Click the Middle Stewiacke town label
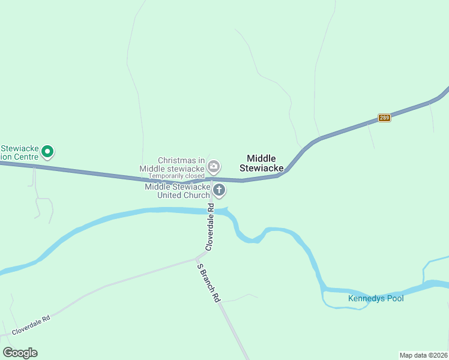coord(261,163)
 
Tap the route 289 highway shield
coord(385,118)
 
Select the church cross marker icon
coord(219,191)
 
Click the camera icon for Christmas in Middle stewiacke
coord(213,166)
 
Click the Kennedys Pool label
coord(376,298)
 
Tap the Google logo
coord(20,353)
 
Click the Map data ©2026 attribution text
coord(423,355)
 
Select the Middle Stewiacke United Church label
coord(178,191)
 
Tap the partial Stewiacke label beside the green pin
coord(19,152)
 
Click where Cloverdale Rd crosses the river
coord(211,211)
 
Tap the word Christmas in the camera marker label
coord(177,160)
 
